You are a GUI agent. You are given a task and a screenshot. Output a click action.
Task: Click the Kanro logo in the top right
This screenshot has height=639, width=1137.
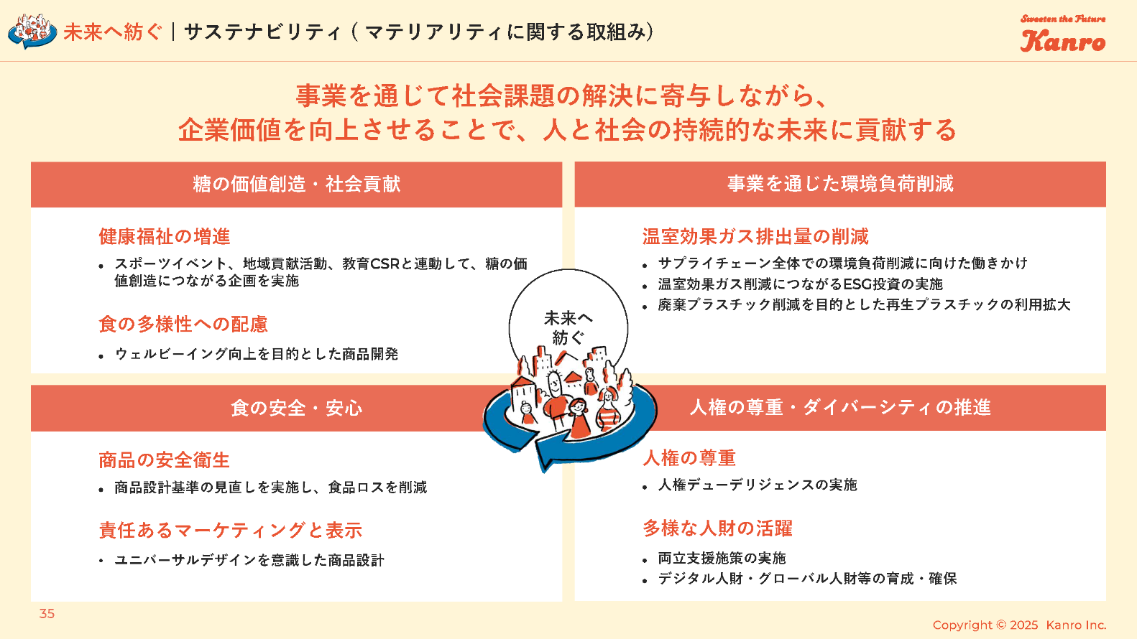1063,34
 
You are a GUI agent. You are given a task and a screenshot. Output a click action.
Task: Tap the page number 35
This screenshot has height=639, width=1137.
47,614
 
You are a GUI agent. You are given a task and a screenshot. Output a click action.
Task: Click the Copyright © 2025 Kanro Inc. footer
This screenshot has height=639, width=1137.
1019,625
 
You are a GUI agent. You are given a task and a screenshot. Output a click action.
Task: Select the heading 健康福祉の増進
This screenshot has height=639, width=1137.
165,236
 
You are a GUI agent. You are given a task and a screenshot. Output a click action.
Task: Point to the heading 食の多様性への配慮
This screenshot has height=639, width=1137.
183,324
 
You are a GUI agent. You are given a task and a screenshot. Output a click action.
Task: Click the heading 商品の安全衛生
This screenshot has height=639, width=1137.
164,460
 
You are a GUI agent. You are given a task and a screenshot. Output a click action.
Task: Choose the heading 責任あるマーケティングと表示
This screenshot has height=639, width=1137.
231,530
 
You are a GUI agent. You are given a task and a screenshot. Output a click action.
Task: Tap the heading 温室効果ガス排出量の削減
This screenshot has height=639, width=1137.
755,236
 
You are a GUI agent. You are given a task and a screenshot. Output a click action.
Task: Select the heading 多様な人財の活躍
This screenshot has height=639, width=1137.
718,528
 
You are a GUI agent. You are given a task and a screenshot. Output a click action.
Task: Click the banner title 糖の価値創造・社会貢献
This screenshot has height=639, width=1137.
296,184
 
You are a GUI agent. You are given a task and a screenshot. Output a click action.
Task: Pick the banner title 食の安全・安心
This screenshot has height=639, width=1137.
296,408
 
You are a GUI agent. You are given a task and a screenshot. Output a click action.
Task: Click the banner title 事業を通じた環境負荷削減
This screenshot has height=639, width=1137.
840,184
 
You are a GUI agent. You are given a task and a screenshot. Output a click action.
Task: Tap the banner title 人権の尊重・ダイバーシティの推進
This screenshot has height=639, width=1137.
840,407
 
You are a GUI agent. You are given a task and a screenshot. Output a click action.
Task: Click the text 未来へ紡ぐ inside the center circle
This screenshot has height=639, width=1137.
568,327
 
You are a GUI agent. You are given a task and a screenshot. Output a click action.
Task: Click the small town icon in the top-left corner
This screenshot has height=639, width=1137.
32,32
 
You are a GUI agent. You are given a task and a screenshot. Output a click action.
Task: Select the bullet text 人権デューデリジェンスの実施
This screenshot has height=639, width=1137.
758,485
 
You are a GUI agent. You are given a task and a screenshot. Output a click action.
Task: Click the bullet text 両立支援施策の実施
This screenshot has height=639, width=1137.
722,558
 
